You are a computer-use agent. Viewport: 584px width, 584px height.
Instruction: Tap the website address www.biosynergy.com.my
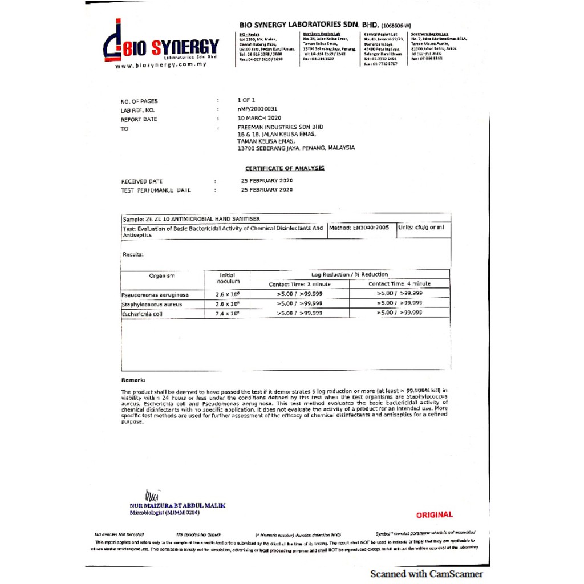161,65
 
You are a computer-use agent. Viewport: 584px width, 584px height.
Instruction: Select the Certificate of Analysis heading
285,168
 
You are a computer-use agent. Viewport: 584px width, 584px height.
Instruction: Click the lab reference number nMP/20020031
257,108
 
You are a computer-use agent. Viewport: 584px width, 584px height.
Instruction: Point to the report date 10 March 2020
259,118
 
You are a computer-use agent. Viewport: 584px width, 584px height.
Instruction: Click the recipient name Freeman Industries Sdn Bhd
280,127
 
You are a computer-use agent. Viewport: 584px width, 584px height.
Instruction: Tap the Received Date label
142,181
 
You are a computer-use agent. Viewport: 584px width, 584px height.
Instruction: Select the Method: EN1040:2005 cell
359,228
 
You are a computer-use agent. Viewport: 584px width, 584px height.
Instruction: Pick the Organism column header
161,276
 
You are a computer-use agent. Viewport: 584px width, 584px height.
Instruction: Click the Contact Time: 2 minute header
299,284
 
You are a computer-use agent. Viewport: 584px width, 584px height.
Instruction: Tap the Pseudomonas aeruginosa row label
155,295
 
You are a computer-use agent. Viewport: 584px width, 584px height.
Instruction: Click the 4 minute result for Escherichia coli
399,313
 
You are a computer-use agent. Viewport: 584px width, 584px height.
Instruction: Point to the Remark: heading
133,380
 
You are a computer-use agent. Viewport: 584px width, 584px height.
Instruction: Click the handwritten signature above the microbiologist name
152,495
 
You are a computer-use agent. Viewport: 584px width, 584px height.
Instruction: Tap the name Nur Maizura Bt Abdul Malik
177,505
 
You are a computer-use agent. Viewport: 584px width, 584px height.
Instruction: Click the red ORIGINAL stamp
434,514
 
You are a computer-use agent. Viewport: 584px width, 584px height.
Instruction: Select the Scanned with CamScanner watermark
426,574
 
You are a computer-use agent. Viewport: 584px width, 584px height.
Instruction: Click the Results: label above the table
133,254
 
